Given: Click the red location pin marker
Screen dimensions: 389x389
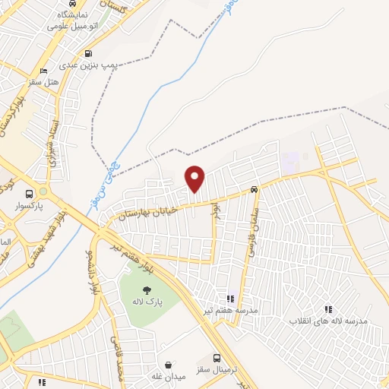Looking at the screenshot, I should pyautogui.click(x=196, y=179).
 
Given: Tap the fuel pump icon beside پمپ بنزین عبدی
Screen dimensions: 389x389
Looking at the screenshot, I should pyautogui.click(x=89, y=54).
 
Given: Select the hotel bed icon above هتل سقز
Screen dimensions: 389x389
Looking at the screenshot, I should pyautogui.click(x=43, y=71).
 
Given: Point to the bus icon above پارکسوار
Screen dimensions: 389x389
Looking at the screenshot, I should pyautogui.click(x=29, y=194).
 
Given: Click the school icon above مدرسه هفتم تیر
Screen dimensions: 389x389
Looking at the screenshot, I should pyautogui.click(x=230, y=299).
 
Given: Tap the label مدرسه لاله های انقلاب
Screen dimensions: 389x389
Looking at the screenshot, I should pyautogui.click(x=328, y=321).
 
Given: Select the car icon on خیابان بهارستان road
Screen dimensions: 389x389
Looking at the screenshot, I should pyautogui.click(x=254, y=190).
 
